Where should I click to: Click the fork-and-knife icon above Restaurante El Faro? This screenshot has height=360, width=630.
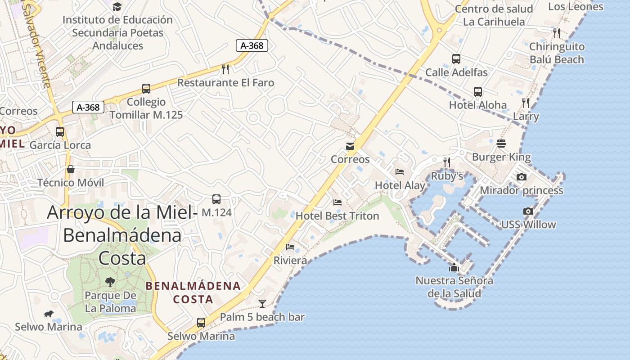(225, 69)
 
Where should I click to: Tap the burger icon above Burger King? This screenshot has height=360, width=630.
(501, 144)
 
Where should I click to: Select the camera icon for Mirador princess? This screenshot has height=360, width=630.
(521, 177)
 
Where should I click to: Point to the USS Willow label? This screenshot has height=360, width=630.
(528, 225)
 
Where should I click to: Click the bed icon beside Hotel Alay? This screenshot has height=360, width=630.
(399, 171)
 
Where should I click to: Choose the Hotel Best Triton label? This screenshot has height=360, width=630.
(337, 216)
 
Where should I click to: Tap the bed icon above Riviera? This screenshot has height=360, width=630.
(290, 247)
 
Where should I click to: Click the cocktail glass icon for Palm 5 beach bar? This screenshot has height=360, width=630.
(262, 304)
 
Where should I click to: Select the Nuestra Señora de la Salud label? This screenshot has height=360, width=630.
(454, 287)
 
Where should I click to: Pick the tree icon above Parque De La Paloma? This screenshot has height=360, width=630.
(110, 282)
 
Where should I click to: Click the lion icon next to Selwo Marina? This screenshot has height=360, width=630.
(49, 314)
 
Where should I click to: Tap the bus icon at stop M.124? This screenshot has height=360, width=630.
(216, 199)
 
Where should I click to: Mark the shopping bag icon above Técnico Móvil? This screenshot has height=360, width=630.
(71, 169)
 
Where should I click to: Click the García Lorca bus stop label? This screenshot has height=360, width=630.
(60, 145)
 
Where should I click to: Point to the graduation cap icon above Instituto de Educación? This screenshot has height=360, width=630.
(117, 6)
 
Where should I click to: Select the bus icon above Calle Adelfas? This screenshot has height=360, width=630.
(456, 59)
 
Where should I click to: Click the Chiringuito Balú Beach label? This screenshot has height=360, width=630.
(557, 53)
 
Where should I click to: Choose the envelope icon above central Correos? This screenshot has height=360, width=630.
(350, 146)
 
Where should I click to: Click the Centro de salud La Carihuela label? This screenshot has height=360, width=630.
(494, 15)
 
